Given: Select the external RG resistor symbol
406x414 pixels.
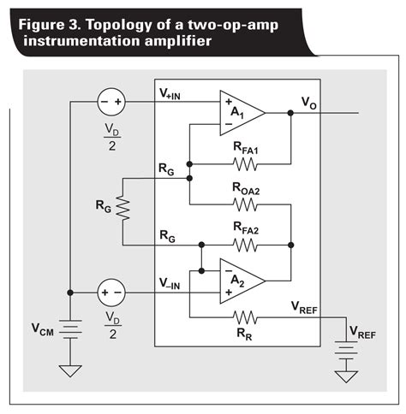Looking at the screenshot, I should tap(123, 206).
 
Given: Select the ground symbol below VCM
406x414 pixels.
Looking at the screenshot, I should tap(70, 370).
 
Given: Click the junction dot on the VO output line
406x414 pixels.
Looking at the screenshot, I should tap(291, 112).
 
